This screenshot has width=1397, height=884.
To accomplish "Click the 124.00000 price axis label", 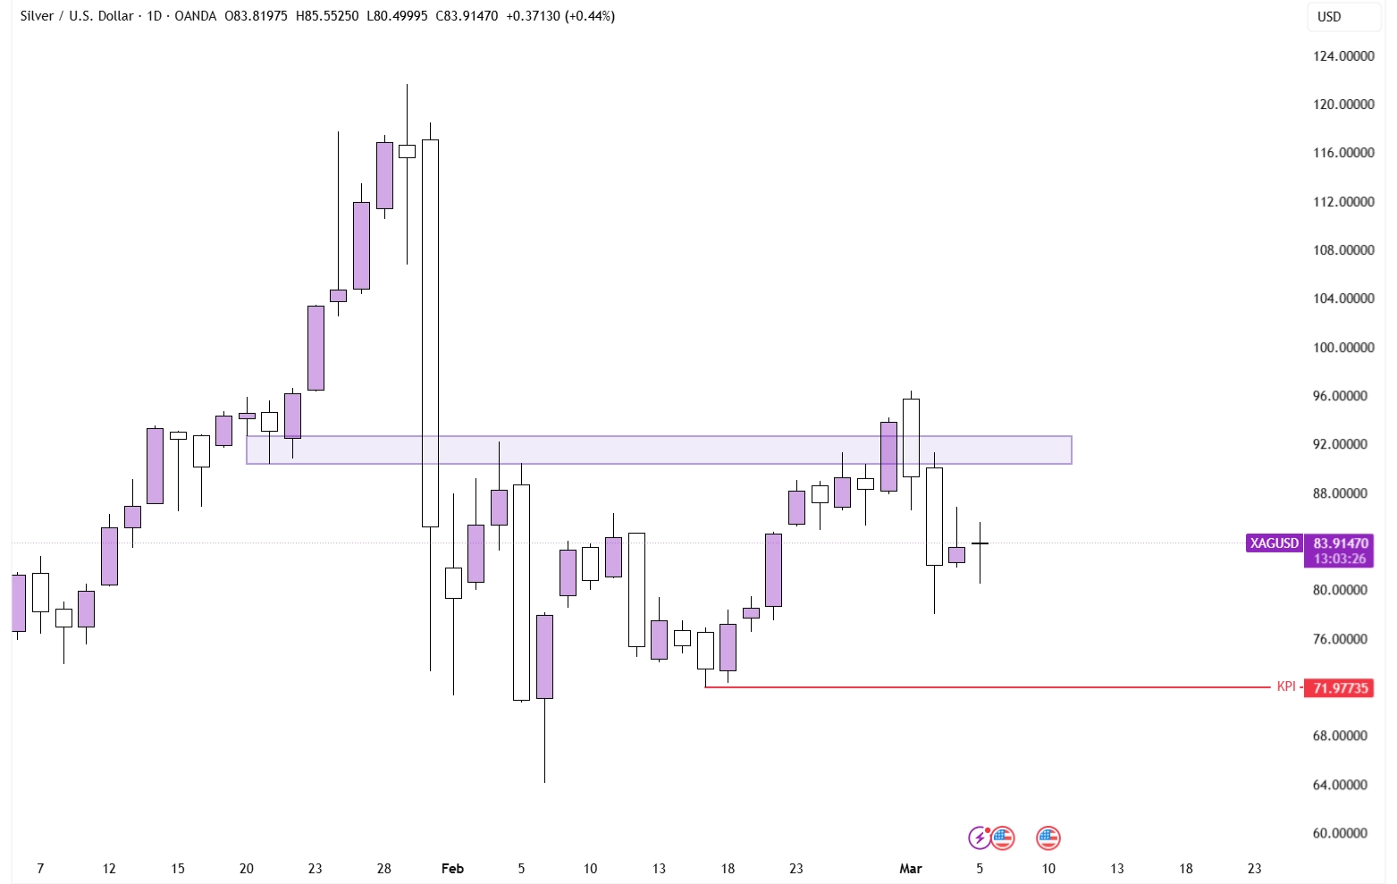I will (x=1342, y=56).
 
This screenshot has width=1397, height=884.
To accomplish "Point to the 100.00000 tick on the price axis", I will (x=1342, y=348).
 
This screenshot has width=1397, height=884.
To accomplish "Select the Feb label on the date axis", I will (x=452, y=869).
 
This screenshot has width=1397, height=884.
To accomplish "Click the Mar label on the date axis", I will (x=910, y=869).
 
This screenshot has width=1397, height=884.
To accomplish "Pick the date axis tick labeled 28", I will (x=383, y=869).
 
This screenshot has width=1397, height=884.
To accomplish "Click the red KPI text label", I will (x=1285, y=687).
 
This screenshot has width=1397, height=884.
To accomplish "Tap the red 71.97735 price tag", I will (x=1340, y=688).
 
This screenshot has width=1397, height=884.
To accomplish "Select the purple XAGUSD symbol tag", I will (x=1274, y=543).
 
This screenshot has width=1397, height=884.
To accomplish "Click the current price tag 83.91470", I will (x=1340, y=543).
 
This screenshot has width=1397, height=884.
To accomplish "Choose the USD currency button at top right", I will (x=1329, y=17).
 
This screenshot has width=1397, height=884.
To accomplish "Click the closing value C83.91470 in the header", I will (x=467, y=16).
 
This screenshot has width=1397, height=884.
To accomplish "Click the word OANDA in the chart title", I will (x=196, y=16).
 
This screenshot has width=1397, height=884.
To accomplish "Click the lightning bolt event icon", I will (x=980, y=838).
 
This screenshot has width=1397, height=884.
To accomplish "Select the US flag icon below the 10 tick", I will (x=1048, y=838).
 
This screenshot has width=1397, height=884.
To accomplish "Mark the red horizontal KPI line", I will (x=983, y=687).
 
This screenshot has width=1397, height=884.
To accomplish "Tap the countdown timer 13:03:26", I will (x=1340, y=560).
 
